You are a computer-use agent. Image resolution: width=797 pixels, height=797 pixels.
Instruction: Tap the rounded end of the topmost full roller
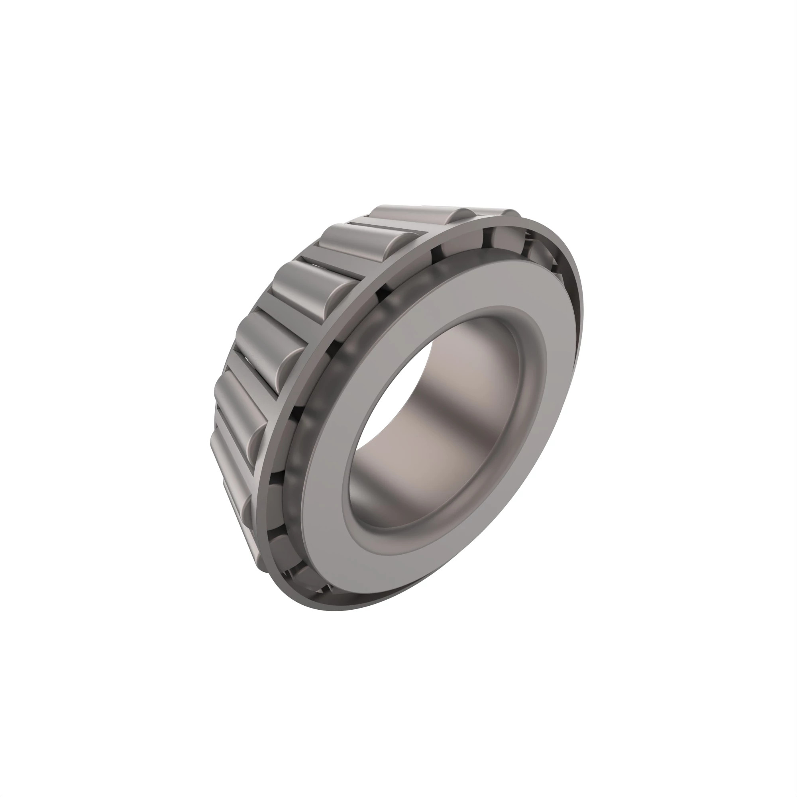[x=462, y=218]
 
